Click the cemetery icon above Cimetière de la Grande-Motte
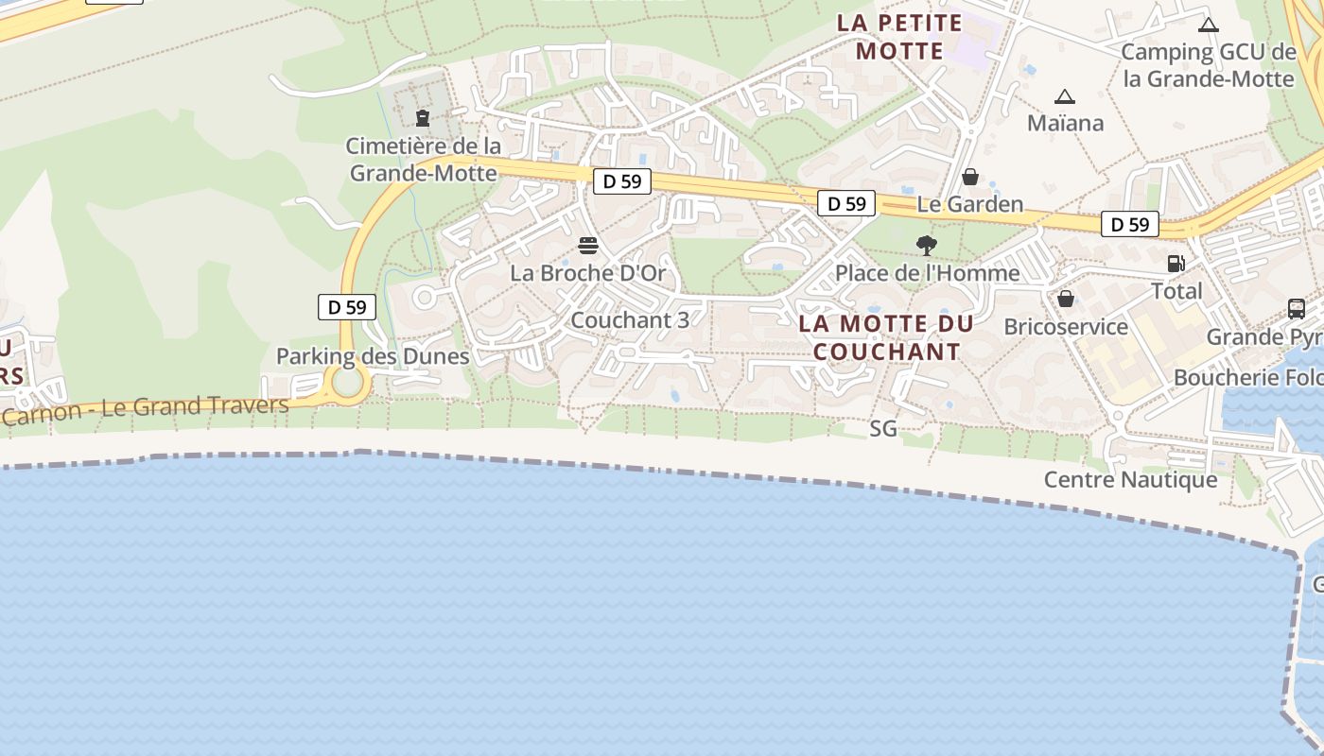coord(423,118)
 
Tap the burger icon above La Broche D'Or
coord(588,247)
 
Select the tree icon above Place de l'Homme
coord(927,246)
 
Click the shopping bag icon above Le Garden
coord(970,177)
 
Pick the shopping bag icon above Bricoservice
coord(1066,299)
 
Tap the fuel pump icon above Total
coord(1176,264)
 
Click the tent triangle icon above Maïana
coord(1065,96)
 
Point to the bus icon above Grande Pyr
coord(1297,309)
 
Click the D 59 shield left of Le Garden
coord(846,203)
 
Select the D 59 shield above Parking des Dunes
coord(347,307)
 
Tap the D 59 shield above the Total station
coord(1130,224)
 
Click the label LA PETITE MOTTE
coord(899,37)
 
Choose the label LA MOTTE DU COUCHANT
coord(886,337)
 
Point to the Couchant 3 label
coord(630,320)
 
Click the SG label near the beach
coord(883,429)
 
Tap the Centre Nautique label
coord(1130,480)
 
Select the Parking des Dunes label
coord(373,356)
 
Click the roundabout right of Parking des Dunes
coord(348,384)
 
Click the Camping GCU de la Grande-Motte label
coord(1208,65)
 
